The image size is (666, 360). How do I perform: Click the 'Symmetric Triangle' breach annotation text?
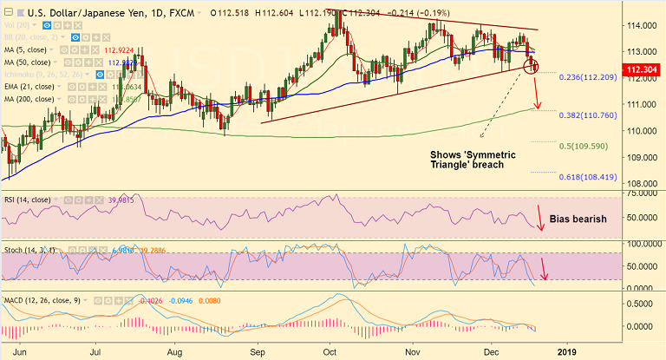(473, 160)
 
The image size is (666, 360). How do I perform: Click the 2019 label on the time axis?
(566, 352)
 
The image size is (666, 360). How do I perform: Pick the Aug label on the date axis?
(174, 352)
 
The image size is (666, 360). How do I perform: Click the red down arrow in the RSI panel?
(541, 218)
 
